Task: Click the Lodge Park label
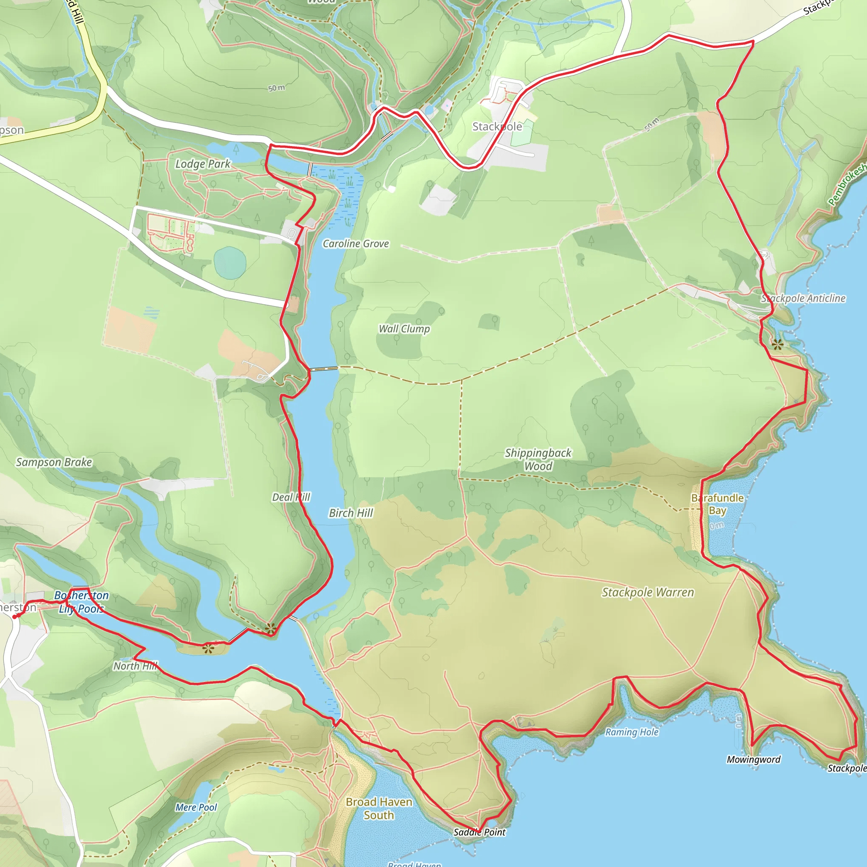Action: coord(202,164)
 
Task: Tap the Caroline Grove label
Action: coord(356,244)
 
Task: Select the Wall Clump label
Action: coord(404,329)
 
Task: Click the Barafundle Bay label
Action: coord(717,504)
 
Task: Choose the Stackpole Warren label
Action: coord(648,592)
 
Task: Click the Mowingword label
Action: coord(754,759)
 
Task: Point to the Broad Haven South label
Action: coord(379,808)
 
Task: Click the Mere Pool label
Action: coord(196,807)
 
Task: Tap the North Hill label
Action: coord(135,666)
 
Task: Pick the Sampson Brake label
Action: coord(54,462)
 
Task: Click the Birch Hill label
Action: coord(351,513)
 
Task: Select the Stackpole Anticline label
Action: coord(803,298)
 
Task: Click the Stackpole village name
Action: coord(497,127)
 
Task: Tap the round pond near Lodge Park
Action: coord(230,263)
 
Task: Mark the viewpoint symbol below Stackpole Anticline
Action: coord(778,345)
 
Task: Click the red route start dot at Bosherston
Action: coord(15,617)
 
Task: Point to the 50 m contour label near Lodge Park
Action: coord(276,88)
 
